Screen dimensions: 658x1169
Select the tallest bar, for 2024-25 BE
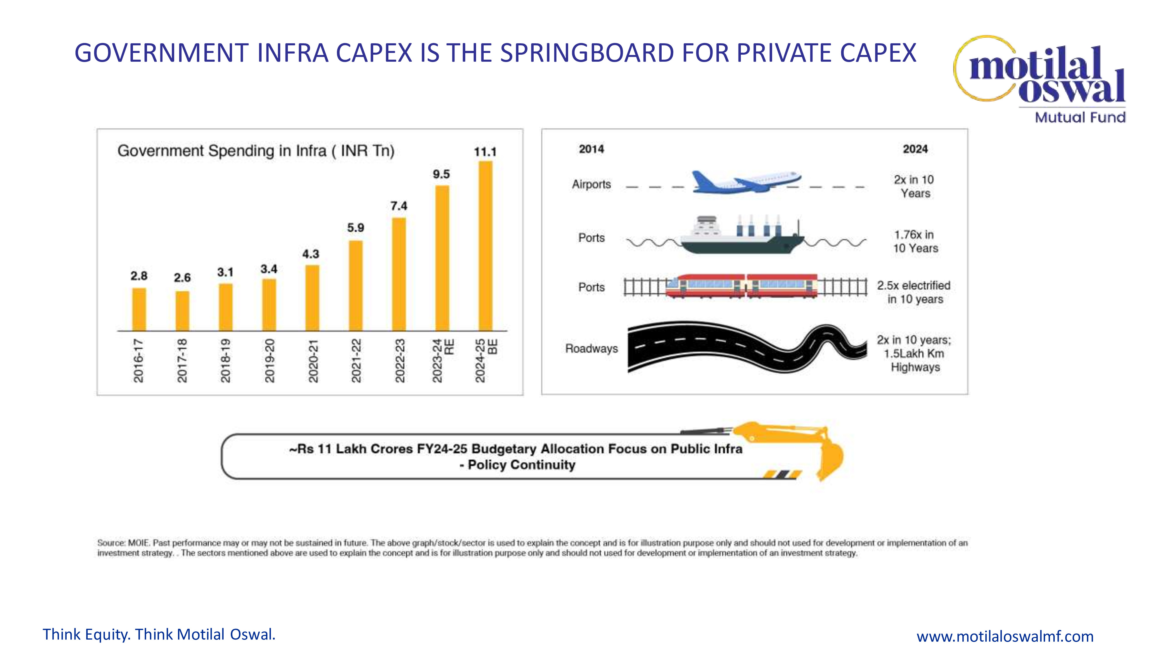(x=485, y=245)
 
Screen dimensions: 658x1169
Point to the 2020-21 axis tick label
(x=313, y=361)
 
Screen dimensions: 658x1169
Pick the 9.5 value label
(x=441, y=174)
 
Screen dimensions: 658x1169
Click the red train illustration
(x=741, y=286)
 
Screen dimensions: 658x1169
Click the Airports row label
(x=591, y=184)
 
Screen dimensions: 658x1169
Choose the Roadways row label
(x=591, y=349)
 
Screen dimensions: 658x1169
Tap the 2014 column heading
(x=591, y=149)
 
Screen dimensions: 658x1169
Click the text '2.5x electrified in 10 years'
(x=914, y=292)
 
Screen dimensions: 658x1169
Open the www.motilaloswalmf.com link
(x=1005, y=636)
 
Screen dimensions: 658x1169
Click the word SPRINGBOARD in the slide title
(x=587, y=53)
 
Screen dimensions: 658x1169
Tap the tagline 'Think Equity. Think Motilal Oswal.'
(x=159, y=634)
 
